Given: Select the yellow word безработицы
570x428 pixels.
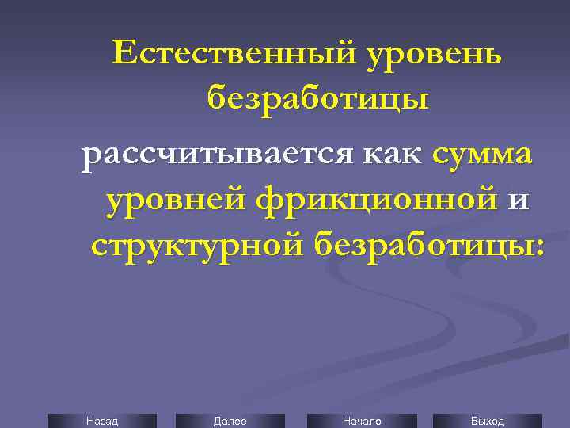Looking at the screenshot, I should point(318,101).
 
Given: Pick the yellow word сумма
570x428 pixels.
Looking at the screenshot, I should point(483,153).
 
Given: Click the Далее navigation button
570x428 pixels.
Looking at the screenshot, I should point(230,421).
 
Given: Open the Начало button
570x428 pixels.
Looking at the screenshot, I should point(361,421).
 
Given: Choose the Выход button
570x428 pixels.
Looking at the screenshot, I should point(488,421).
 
